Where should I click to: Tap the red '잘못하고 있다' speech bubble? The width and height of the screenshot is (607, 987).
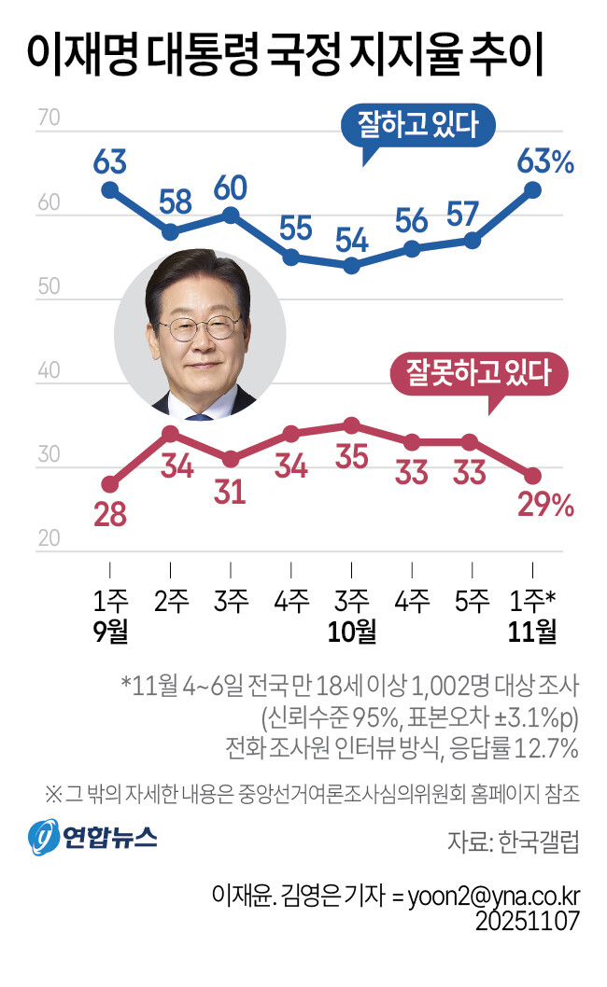[476, 376]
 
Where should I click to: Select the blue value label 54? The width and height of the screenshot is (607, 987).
[351, 240]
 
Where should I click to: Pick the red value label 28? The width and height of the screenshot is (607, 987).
[110, 514]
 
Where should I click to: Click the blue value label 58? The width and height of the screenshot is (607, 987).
[170, 201]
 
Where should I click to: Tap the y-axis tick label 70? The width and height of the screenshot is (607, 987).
[49, 119]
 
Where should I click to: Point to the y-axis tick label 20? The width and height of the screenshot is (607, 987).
[49, 538]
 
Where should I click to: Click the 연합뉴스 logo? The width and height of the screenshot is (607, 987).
[92, 834]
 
